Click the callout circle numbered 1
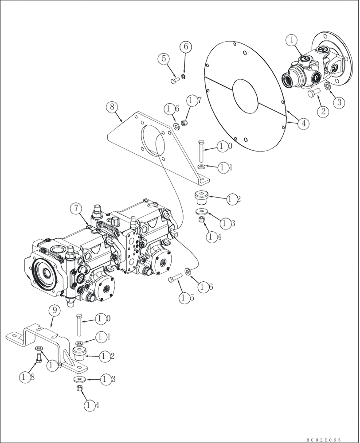(x=292, y=40)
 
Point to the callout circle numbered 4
(x=303, y=124)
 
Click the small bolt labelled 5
(x=164, y=58)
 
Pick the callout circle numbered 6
(x=185, y=47)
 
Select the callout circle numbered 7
(x=76, y=207)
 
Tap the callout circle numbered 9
(x=53, y=311)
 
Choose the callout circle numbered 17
(x=191, y=101)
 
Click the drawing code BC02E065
(x=324, y=439)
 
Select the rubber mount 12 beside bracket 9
(x=80, y=354)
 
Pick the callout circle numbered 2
(x=323, y=111)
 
